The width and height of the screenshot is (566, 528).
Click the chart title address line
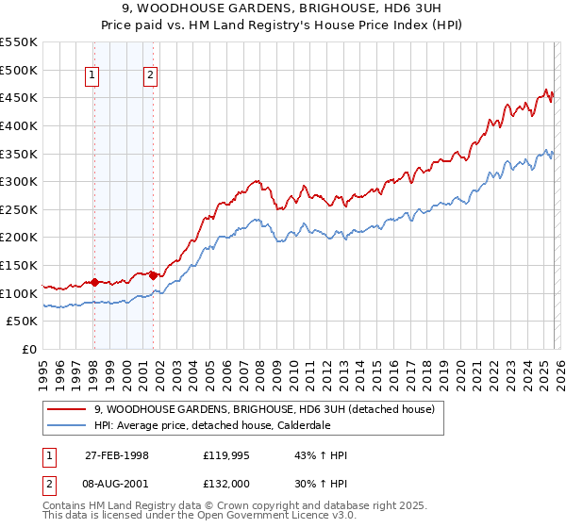click(x=283, y=9)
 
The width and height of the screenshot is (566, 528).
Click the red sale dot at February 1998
click(x=94, y=282)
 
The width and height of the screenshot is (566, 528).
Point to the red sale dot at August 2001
click(x=153, y=275)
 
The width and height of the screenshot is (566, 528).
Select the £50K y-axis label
click(x=23, y=322)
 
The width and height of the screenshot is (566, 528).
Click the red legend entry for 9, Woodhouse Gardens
click(x=264, y=409)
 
